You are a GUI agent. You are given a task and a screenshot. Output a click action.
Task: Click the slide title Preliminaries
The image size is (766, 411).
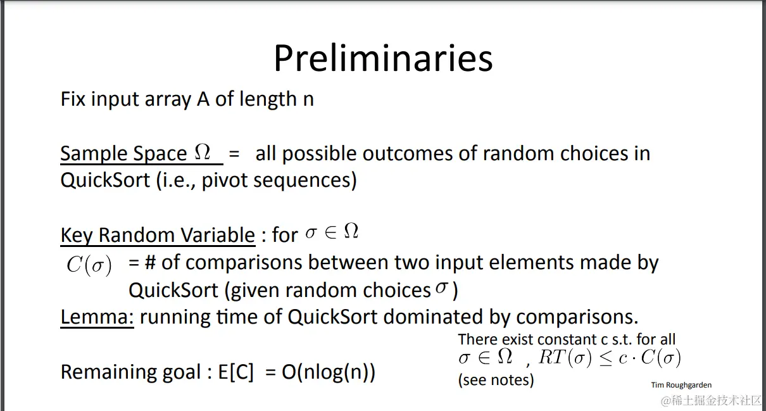click(x=383, y=58)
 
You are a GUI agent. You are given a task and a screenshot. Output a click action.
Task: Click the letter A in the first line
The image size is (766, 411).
click(x=203, y=99)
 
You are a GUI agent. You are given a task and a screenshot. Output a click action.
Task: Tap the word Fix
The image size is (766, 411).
click(x=73, y=99)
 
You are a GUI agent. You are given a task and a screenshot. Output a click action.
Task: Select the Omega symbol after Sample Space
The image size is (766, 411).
click(x=203, y=151)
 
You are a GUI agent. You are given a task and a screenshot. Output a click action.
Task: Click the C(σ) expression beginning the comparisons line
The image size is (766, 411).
click(x=89, y=265)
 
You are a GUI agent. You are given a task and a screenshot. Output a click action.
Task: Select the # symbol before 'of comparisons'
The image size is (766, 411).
click(x=151, y=262)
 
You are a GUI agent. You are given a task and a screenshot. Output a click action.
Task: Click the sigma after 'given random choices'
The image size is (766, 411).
click(x=441, y=287)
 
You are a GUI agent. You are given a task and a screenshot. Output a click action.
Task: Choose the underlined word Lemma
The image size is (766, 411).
click(x=97, y=317)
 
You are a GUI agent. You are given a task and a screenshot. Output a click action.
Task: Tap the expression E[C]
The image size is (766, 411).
click(x=236, y=372)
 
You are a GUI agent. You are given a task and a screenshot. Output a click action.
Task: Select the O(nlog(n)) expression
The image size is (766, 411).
click(x=329, y=372)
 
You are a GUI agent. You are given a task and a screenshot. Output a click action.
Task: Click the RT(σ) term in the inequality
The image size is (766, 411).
click(x=565, y=358)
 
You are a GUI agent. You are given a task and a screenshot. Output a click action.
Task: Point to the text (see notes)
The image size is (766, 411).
click(x=496, y=380)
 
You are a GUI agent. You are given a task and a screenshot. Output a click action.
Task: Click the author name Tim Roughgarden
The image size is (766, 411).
click(x=681, y=385)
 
